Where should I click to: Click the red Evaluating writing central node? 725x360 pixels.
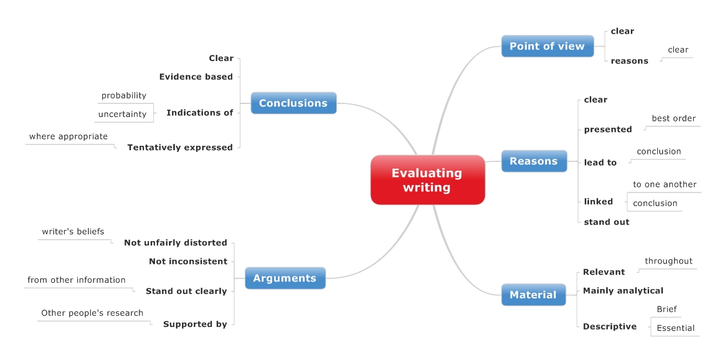427,180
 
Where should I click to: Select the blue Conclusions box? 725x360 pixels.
293,103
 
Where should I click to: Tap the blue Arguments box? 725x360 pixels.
285,278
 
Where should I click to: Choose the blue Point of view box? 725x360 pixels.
547,46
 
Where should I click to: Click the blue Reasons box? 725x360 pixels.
534,161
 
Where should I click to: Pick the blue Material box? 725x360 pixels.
533,295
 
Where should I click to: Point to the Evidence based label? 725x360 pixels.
196,77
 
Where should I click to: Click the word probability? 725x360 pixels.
124,95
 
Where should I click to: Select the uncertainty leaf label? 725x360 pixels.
122,114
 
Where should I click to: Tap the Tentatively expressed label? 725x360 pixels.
180,148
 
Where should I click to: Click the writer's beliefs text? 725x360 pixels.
73,232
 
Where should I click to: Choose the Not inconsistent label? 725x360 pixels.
188,262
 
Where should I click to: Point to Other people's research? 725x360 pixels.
92,313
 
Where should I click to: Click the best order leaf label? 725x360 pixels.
673,118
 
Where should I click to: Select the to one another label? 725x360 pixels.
665,184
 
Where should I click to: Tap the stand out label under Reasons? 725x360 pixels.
606,222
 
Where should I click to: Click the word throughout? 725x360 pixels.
668,261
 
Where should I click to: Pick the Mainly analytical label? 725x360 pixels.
623,291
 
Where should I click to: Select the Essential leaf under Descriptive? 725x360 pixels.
675,328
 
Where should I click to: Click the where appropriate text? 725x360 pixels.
69,136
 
